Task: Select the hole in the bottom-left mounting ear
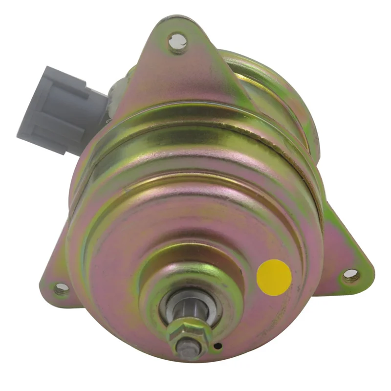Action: pyautogui.click(x=62, y=288)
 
